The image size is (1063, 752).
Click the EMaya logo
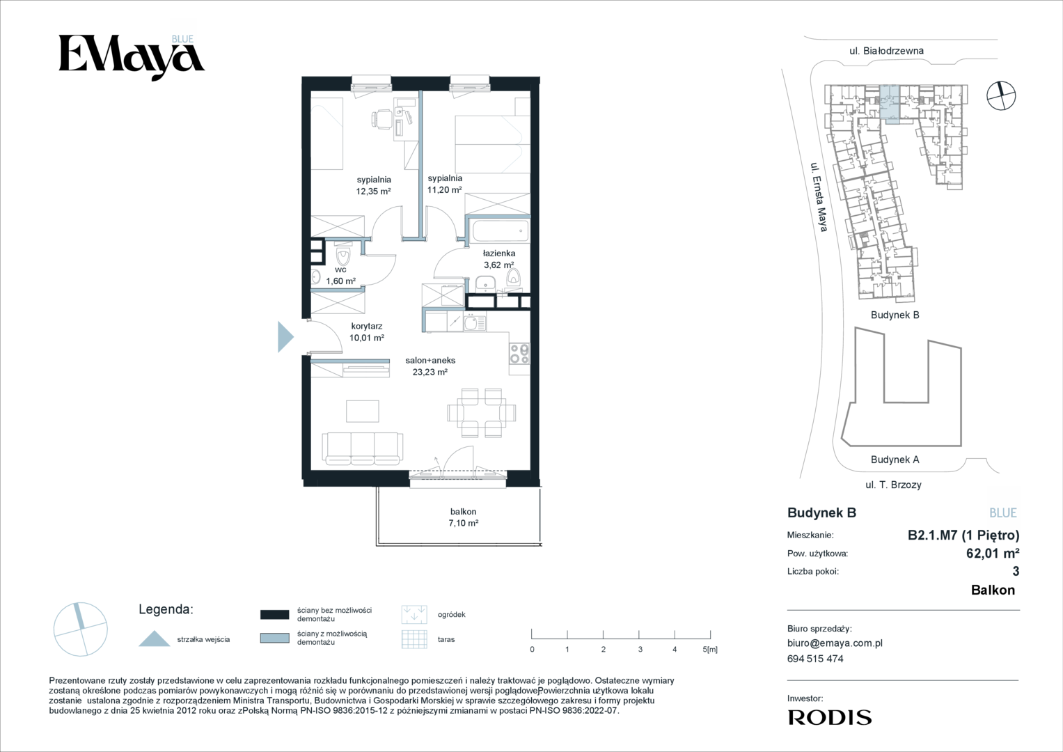point(132,58)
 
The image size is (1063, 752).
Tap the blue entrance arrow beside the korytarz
point(285,337)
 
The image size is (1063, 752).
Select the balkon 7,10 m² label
point(463,517)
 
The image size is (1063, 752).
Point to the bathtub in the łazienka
point(501,231)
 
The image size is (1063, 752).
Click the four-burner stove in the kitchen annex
point(519,354)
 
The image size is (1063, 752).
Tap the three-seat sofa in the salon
point(363,448)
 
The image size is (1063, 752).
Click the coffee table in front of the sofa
point(363,411)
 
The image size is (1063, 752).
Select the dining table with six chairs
point(481,412)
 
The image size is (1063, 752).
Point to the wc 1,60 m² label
point(340,275)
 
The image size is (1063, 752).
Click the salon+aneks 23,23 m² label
point(430,366)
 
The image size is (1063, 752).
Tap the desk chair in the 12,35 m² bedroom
point(381,118)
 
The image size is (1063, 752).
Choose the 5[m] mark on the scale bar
point(710,649)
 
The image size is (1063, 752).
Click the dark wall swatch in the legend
point(275,615)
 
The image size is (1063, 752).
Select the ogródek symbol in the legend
point(414,614)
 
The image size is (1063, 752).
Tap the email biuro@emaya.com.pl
point(835,643)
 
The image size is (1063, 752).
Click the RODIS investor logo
point(830,717)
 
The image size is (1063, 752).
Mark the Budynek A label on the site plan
point(895,460)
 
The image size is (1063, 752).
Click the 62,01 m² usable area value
point(993,553)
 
